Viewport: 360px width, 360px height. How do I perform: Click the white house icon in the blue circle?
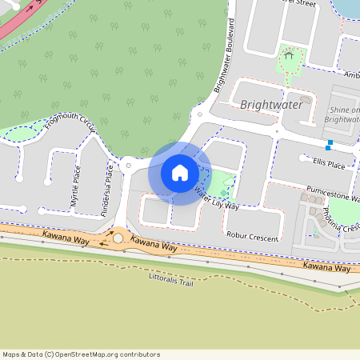180,172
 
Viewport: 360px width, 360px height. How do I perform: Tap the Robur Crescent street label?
252,238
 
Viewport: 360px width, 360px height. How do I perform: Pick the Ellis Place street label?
329,165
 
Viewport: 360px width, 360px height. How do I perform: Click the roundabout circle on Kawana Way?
118,238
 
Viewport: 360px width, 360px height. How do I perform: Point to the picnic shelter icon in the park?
289,57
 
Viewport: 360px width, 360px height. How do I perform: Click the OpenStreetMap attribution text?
80,354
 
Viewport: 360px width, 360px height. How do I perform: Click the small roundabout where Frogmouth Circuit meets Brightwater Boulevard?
128,166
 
